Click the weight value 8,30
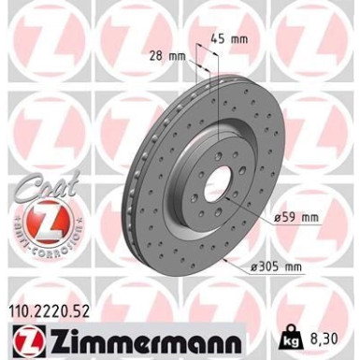324,334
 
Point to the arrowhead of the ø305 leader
227,259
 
